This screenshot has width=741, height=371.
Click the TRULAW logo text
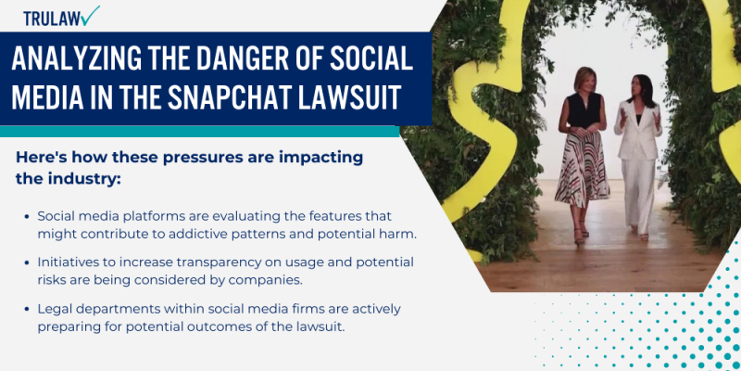tap(51, 18)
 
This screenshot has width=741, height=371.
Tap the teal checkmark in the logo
tap(91, 15)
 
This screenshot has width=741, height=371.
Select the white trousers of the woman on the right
tap(641, 190)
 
